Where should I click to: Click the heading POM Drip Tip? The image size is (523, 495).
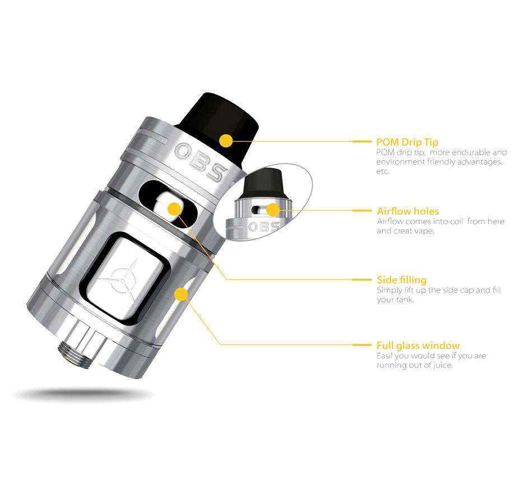407,142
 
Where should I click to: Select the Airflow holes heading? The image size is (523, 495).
408,211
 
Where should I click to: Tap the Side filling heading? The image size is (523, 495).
401,280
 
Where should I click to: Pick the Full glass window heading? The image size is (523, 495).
418,345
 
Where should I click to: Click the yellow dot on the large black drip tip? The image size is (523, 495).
226,141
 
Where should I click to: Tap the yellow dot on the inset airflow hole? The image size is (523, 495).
273,210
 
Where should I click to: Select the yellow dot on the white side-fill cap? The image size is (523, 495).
174,209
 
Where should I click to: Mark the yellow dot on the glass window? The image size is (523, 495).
181,294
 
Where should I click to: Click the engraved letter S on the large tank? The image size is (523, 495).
217,172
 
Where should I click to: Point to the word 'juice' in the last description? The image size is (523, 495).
442,365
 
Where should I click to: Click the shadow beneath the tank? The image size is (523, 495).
84,395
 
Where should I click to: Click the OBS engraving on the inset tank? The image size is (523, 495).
264,227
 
